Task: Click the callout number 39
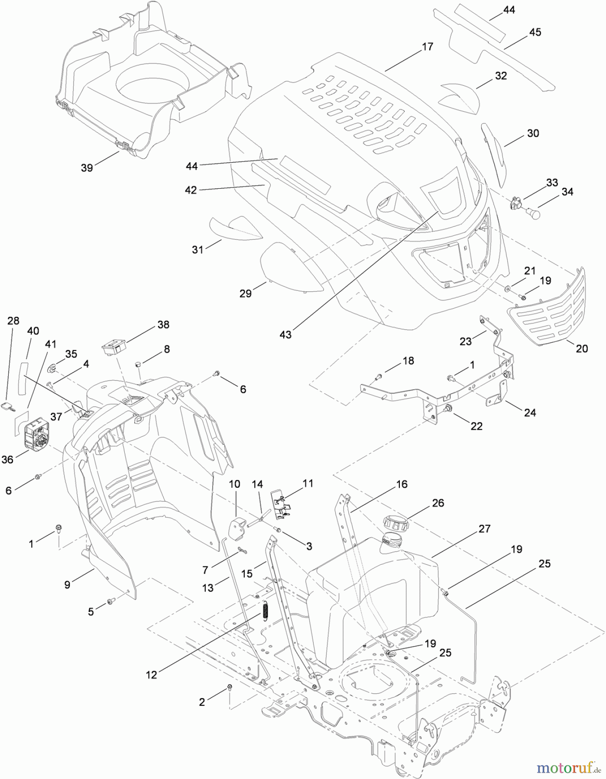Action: coord(87,168)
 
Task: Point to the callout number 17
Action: coord(427,47)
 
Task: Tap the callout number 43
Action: coord(286,334)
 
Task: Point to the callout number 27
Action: coord(485,529)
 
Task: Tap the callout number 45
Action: coord(535,32)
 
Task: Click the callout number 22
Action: coord(476,426)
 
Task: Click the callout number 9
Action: coord(67,585)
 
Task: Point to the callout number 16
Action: coord(402,484)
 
